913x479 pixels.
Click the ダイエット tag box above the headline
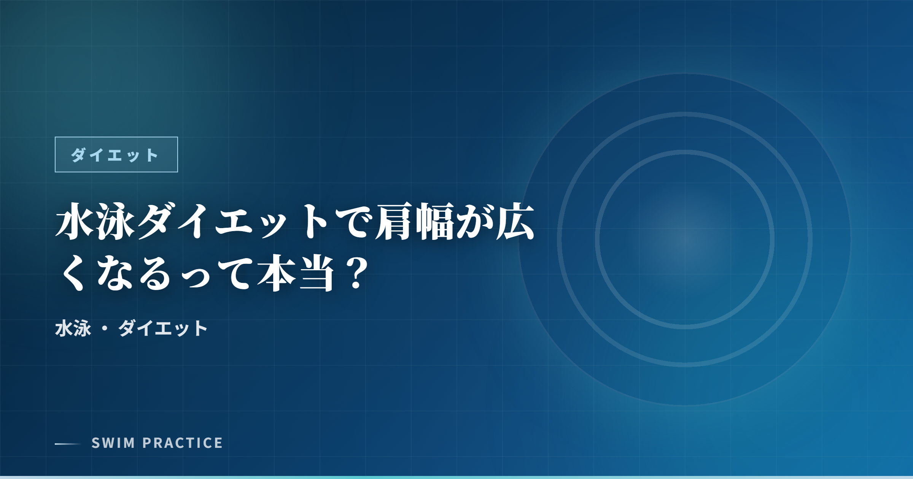point(116,154)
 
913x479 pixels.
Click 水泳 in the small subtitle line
point(73,328)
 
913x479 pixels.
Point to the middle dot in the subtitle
point(105,328)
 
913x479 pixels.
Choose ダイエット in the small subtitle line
point(163,328)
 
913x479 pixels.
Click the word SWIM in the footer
point(113,443)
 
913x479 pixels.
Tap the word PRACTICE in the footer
point(183,443)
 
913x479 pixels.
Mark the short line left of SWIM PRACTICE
point(68,444)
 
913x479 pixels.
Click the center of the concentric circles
point(685,239)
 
